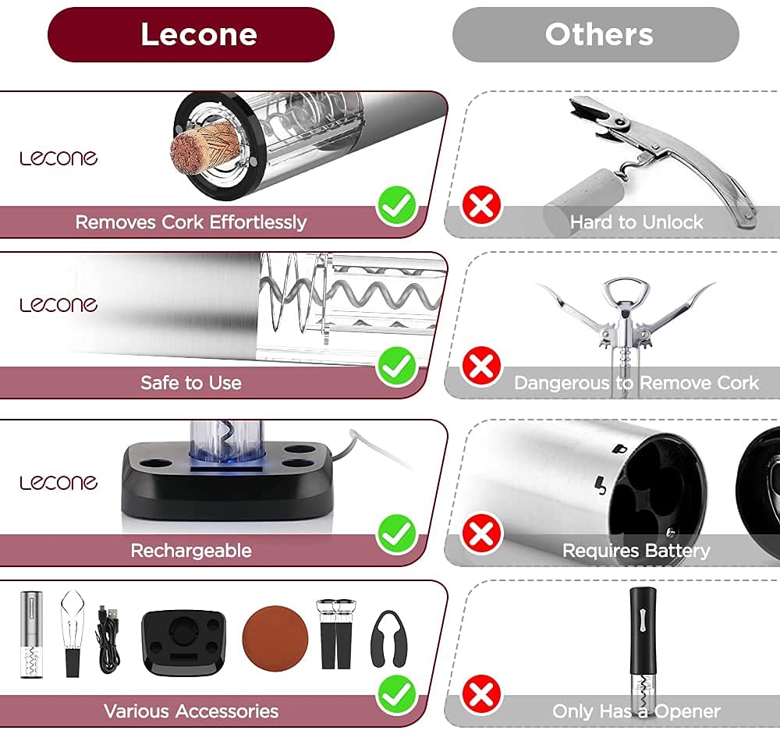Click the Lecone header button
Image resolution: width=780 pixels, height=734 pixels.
pyautogui.click(x=191, y=35)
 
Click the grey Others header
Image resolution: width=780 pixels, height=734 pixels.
pyautogui.click(x=596, y=35)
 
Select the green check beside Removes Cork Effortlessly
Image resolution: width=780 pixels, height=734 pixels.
pyautogui.click(x=397, y=206)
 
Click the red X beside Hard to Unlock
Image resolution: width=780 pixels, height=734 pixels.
pyautogui.click(x=481, y=206)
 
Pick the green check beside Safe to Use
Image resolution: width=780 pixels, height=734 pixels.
pyautogui.click(x=397, y=367)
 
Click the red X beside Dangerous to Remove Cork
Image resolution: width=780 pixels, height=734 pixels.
pyautogui.click(x=481, y=367)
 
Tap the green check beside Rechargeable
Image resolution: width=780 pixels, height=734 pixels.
pyautogui.click(x=397, y=534)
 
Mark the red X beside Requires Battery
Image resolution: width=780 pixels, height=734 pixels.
pyautogui.click(x=481, y=534)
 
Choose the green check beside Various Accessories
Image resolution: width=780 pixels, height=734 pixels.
pyautogui.click(x=397, y=695)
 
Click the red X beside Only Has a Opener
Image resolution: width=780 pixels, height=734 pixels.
pyautogui.click(x=481, y=695)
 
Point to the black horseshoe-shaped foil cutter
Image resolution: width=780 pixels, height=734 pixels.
pyautogui.click(x=388, y=638)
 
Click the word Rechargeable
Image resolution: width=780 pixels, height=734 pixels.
pyautogui.click(x=191, y=551)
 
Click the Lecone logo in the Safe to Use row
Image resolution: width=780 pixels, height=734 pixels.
pyautogui.click(x=58, y=304)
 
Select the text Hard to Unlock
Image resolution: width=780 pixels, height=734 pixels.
pyautogui.click(x=636, y=222)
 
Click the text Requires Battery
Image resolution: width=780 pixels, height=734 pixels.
pyautogui.click(x=636, y=551)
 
